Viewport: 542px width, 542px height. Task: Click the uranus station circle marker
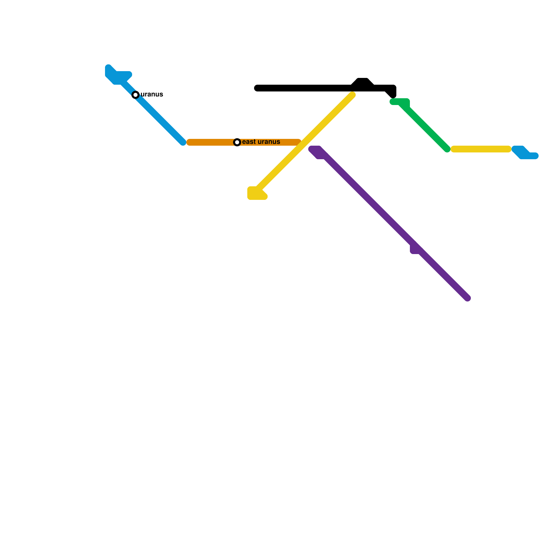point(135,95)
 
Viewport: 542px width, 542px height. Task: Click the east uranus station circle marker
point(237,142)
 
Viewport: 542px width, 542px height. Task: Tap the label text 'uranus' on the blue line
point(152,95)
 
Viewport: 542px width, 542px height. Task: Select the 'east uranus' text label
point(261,142)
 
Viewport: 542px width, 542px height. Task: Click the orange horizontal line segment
point(210,142)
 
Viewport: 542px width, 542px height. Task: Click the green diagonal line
point(427,129)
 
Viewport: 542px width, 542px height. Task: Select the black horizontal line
point(305,88)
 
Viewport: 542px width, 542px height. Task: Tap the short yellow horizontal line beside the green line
point(481,149)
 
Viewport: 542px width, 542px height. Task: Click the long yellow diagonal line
point(305,142)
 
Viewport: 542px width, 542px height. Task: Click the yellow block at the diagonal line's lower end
point(256,194)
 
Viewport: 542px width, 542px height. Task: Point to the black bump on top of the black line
point(362,82)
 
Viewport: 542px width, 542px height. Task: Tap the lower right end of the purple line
point(467,298)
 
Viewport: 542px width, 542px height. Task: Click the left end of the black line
point(257,88)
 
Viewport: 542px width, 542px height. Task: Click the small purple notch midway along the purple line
point(414,250)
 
